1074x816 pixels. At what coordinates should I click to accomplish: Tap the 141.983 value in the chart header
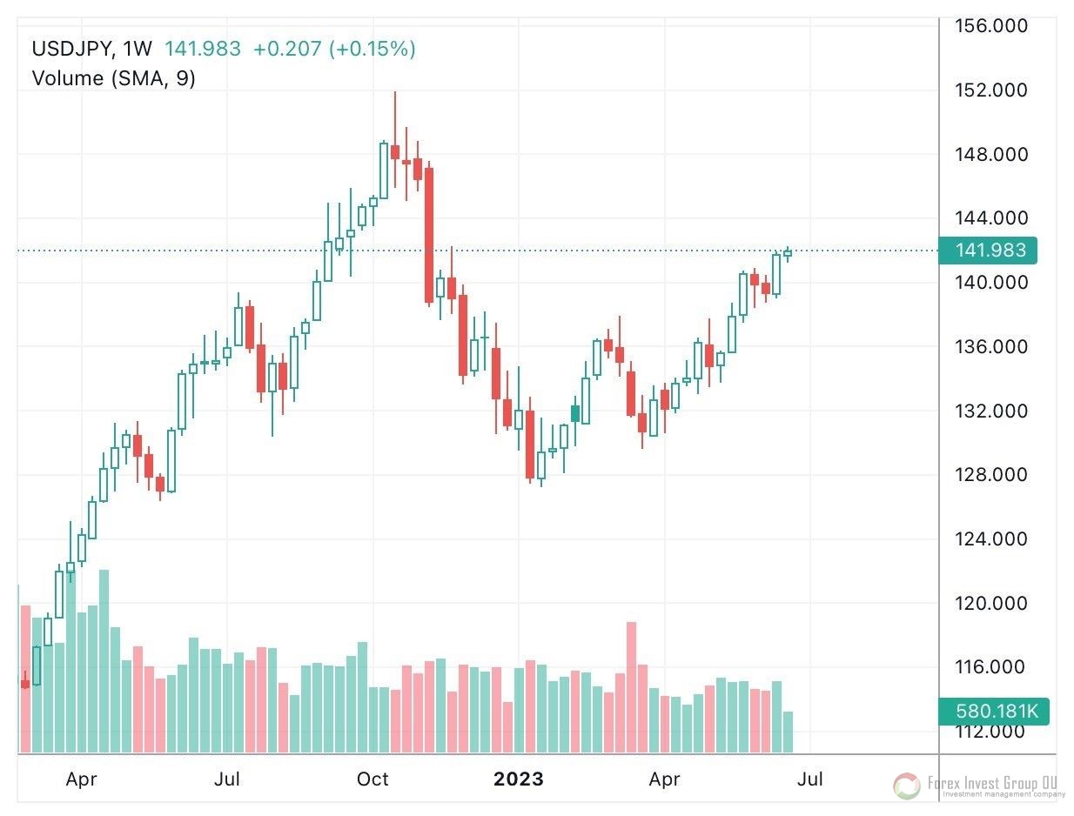[x=204, y=49]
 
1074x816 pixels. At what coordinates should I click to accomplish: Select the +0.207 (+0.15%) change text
[x=334, y=49]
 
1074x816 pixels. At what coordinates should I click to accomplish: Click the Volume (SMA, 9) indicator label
[x=113, y=78]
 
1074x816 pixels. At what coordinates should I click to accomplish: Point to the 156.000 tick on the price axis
[x=991, y=26]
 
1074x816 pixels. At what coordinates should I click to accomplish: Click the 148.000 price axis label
[x=991, y=155]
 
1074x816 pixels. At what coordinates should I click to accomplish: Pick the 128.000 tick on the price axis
[x=991, y=475]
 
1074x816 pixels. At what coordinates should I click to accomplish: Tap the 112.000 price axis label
[x=991, y=732]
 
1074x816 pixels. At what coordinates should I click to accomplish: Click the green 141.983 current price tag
[x=991, y=251]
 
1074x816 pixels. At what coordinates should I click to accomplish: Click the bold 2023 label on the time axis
[x=519, y=779]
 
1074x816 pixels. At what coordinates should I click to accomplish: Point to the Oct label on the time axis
[x=373, y=779]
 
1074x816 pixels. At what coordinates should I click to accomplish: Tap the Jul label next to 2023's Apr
[x=809, y=779]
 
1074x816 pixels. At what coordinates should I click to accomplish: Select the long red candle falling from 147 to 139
[x=428, y=235]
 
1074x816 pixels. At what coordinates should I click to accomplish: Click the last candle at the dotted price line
[x=788, y=253]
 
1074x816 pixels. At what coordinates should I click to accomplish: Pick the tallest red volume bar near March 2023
[x=631, y=687]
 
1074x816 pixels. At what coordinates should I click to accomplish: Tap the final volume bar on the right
[x=788, y=732]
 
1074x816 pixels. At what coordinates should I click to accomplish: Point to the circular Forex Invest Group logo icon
[x=907, y=786]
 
